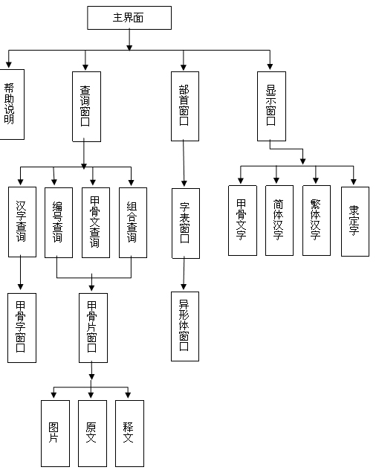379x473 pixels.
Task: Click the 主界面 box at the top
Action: point(129,18)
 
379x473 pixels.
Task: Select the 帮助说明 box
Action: point(12,104)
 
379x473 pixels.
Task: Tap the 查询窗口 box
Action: point(86,106)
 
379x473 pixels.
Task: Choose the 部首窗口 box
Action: point(185,106)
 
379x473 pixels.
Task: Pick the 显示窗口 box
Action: point(271,106)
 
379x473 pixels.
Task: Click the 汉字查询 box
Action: point(22,222)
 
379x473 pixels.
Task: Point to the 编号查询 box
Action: point(59,222)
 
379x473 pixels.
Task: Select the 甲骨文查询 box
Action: point(96,222)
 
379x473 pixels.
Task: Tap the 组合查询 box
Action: point(133,222)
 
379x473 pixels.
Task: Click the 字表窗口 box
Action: point(186,224)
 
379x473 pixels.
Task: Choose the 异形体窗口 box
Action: point(185,326)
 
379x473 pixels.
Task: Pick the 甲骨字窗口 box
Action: point(22,328)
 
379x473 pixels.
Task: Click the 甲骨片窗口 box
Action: point(93,328)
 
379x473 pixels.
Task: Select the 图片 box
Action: point(55,434)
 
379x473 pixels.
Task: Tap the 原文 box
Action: point(92,434)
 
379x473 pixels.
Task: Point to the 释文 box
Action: point(129,434)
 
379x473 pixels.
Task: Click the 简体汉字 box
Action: point(279,221)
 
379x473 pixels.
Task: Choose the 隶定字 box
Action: point(355,222)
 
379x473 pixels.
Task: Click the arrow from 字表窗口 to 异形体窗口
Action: point(184,273)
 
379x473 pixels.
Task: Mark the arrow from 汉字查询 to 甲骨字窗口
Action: point(21,272)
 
